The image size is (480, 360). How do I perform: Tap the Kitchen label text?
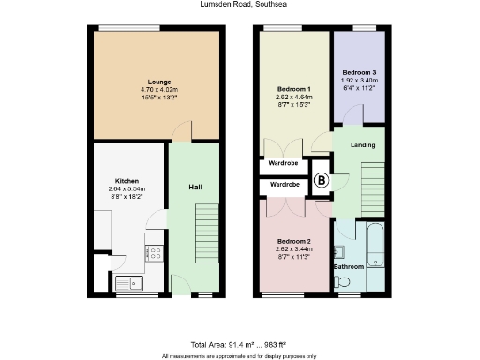127,180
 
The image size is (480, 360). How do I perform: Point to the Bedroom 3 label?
359,72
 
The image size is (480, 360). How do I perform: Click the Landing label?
363,145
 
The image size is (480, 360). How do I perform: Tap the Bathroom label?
349,267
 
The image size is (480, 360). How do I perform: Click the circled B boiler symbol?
320,180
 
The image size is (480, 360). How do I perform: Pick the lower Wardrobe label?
284,186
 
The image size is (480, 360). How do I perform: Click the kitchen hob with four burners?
152,252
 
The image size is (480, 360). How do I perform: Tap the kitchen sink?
126,280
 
